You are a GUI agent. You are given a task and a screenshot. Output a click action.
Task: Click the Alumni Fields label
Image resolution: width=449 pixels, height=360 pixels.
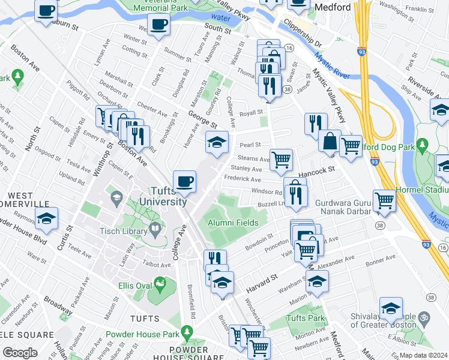(x=233, y=223)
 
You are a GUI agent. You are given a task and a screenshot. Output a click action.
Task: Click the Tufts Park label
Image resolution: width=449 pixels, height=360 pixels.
(x=307, y=317)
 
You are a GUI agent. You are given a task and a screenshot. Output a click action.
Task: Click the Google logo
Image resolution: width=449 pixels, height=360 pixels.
(x=20, y=353)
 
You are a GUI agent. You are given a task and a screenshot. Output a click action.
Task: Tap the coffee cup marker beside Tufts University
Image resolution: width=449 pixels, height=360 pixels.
(x=185, y=181)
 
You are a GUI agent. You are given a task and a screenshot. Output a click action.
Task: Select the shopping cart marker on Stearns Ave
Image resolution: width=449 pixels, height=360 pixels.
(x=281, y=160)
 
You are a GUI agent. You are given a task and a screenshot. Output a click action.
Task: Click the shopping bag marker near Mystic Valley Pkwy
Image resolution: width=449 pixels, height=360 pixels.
(x=330, y=141)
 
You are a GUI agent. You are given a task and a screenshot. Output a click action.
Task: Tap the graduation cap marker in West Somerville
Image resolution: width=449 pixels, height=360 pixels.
(x=46, y=220)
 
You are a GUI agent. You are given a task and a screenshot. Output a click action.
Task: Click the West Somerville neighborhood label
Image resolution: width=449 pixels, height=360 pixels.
(x=29, y=200)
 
